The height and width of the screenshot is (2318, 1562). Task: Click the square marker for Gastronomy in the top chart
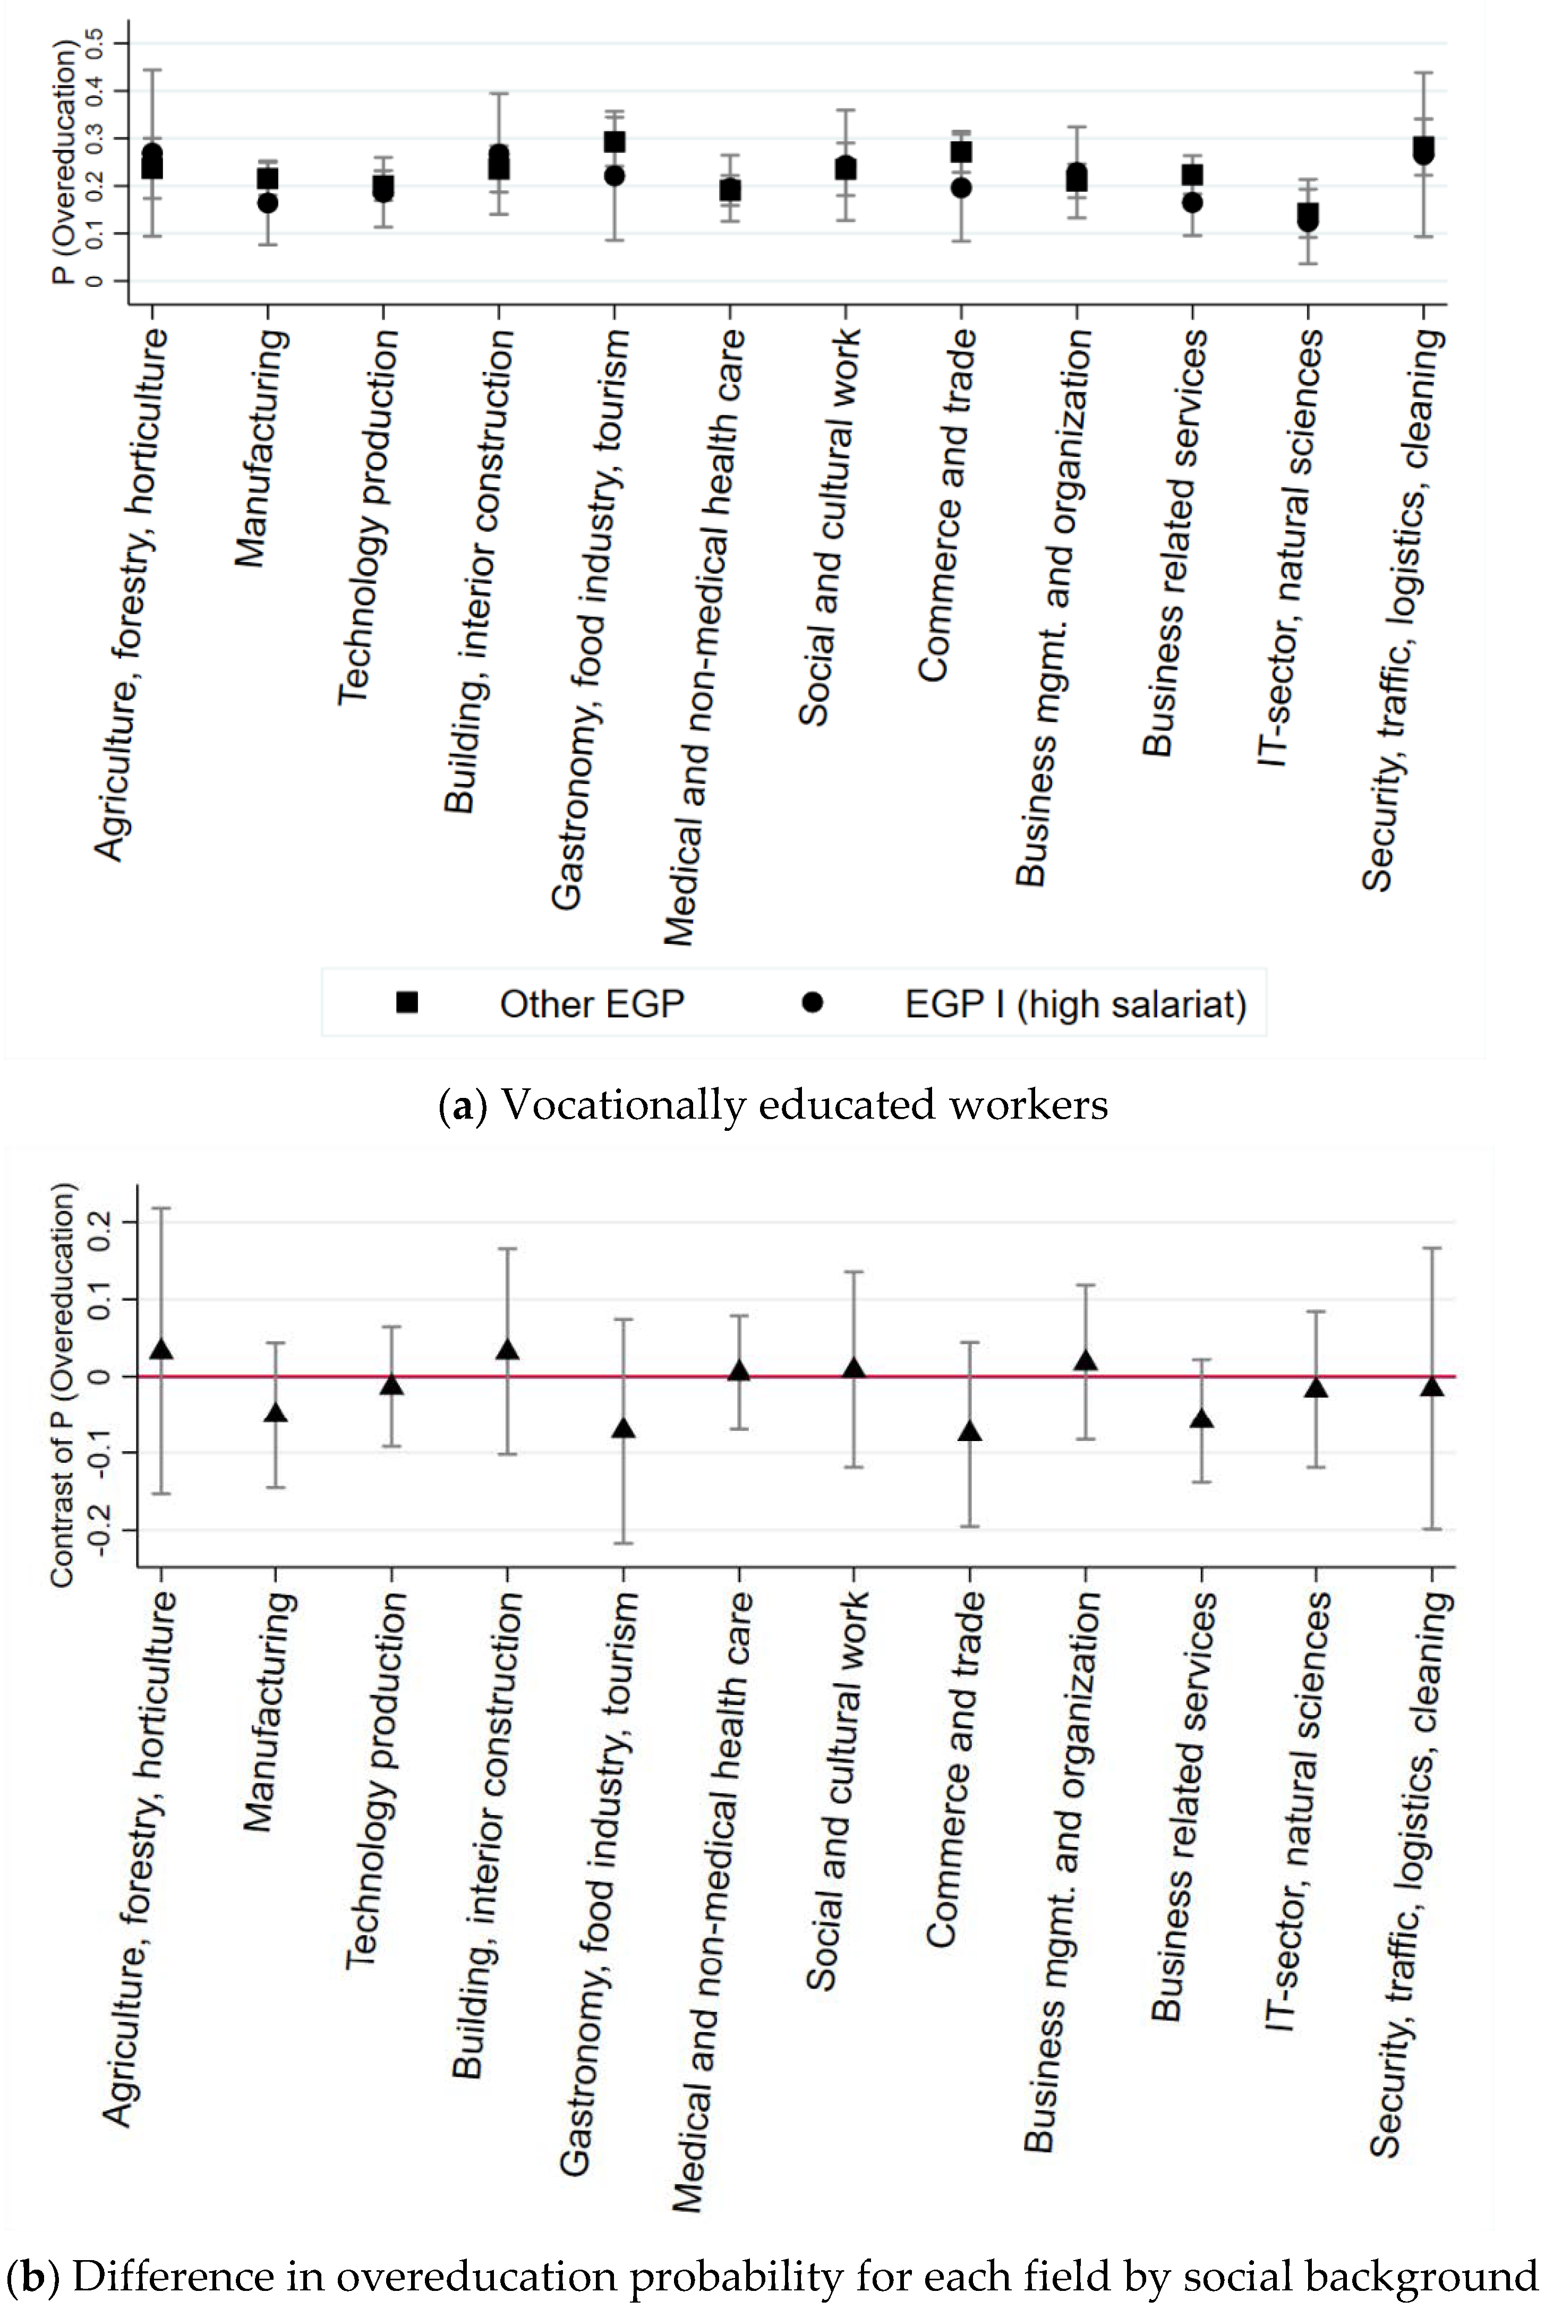(614, 142)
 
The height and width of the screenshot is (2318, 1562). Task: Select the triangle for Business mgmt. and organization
(1086, 1361)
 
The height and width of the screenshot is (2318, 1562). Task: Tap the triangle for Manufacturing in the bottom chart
(276, 1412)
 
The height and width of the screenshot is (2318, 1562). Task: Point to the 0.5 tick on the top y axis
(95, 43)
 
